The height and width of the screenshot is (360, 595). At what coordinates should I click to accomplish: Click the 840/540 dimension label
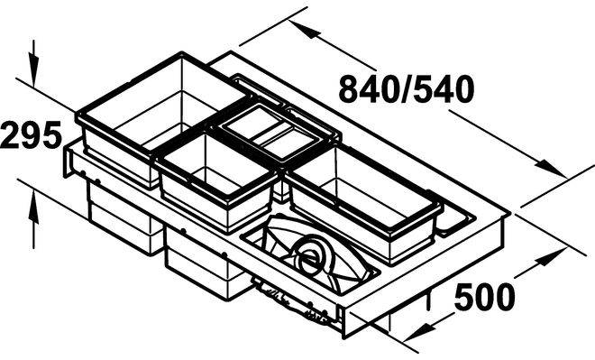pyautogui.click(x=407, y=89)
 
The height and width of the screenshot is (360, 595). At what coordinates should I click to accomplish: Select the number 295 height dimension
pyautogui.click(x=32, y=134)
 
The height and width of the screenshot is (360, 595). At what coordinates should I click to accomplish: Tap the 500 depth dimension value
pyautogui.click(x=485, y=298)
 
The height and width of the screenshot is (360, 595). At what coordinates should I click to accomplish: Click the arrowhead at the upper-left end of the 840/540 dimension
pyautogui.click(x=303, y=29)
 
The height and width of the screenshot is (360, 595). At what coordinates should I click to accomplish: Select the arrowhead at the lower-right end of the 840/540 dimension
pyautogui.click(x=549, y=168)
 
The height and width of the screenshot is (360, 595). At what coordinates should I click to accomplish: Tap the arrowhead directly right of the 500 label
pyautogui.click(x=552, y=257)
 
